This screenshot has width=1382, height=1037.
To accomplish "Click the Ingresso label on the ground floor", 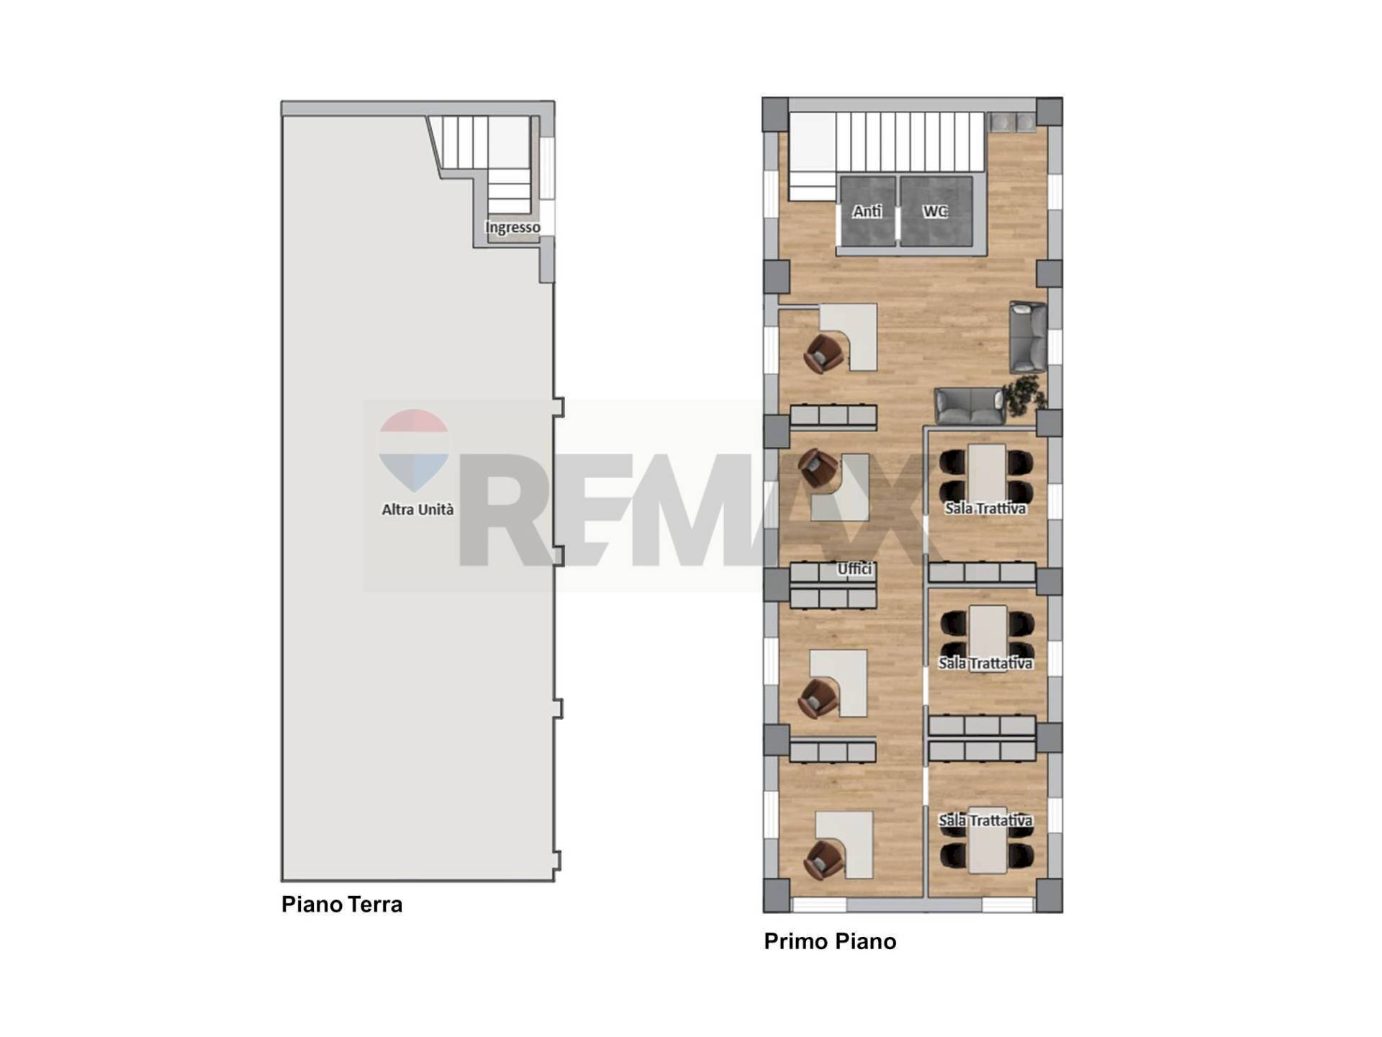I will click(x=512, y=228).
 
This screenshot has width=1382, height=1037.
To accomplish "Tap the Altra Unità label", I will click(x=417, y=509).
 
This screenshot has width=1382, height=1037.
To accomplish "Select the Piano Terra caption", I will click(x=342, y=904).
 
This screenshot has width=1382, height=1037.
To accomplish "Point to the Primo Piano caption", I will click(x=830, y=941).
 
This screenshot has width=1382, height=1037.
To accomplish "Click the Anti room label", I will click(x=867, y=211).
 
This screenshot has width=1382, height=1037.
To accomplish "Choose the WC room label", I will click(x=934, y=211).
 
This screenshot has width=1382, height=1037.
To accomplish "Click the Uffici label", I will click(x=854, y=569).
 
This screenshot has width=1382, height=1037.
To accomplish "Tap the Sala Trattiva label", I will click(x=985, y=508).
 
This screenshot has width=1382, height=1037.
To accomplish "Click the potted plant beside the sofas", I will click(x=1025, y=395).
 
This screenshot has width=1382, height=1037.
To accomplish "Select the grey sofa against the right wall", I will click(x=1028, y=336).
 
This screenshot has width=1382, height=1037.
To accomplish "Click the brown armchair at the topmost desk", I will click(x=823, y=354).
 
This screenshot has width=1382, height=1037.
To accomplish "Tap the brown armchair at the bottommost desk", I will click(x=823, y=860).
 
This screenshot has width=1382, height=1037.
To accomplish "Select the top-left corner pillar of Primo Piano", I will click(x=775, y=115).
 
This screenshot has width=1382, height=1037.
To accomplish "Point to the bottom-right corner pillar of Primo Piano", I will click(x=1049, y=895).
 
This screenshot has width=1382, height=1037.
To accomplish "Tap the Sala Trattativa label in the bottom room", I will click(x=985, y=820).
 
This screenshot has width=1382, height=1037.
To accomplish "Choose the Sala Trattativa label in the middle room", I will click(x=985, y=663).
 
